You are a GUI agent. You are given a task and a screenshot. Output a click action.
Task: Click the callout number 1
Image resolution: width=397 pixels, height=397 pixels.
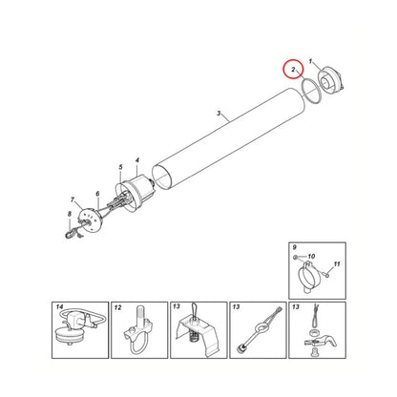[311, 61]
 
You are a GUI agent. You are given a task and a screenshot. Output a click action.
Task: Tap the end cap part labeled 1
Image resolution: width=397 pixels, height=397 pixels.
[331, 80]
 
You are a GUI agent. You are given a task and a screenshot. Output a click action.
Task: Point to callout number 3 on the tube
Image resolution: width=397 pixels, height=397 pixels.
[219, 114]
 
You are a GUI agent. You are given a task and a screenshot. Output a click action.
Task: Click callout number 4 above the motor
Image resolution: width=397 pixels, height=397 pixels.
[137, 160]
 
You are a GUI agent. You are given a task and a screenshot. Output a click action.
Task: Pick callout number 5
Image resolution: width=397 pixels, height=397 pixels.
[121, 167]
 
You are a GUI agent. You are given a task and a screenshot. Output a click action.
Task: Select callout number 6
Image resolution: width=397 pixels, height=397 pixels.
[97, 194]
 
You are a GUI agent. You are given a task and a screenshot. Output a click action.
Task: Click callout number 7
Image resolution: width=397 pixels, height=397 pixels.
[73, 199]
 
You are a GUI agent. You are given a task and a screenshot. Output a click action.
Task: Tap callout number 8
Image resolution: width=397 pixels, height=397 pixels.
[70, 215]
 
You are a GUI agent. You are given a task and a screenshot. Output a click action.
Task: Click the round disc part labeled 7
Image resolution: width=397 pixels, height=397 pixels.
[89, 219]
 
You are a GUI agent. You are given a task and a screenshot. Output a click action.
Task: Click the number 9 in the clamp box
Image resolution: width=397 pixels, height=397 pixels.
[294, 247]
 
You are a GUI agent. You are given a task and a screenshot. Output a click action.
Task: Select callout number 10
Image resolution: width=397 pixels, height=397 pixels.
[311, 257]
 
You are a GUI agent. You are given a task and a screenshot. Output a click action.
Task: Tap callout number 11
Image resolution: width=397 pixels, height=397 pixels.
[337, 264]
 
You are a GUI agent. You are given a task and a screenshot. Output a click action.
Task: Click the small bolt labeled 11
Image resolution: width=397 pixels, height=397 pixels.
[326, 273]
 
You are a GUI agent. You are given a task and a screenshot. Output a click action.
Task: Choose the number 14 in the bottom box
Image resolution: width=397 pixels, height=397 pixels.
[60, 307]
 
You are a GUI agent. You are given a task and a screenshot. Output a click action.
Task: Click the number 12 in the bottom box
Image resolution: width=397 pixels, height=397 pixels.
[117, 307]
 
